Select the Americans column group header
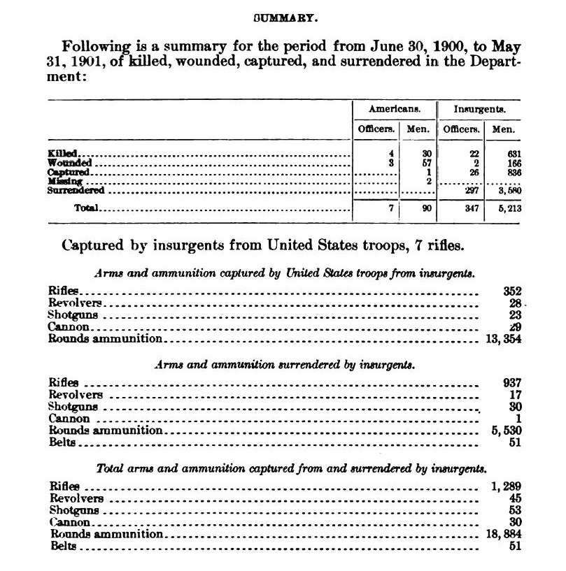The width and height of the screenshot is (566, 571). [394, 110]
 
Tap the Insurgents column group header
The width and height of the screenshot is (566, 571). [480, 110]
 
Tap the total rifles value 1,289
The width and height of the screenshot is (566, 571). [506, 486]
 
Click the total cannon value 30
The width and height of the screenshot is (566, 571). [515, 522]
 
